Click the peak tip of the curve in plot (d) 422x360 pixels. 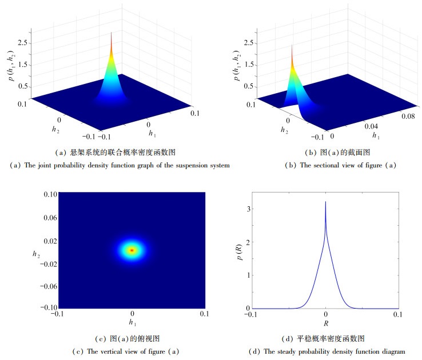325,202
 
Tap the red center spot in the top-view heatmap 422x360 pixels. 132,250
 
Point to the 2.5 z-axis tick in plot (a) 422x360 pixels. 23,43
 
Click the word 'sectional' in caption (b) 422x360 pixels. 331,165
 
